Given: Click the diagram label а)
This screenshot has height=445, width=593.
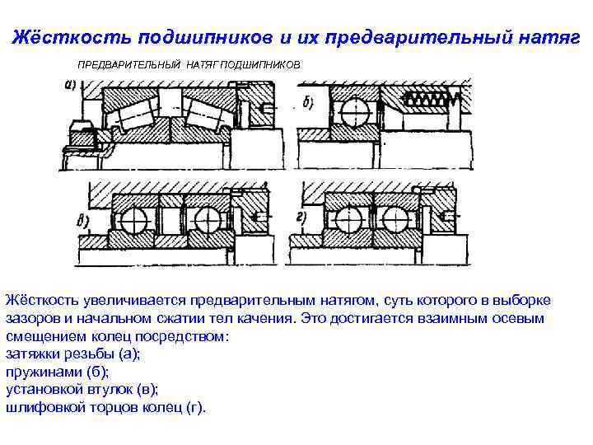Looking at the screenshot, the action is tap(70, 84).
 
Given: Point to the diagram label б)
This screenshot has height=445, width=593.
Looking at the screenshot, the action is tap(308, 104).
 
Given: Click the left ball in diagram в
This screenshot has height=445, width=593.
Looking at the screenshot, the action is tap(132, 220).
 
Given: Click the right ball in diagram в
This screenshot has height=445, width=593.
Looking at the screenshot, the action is tap(208, 220).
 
